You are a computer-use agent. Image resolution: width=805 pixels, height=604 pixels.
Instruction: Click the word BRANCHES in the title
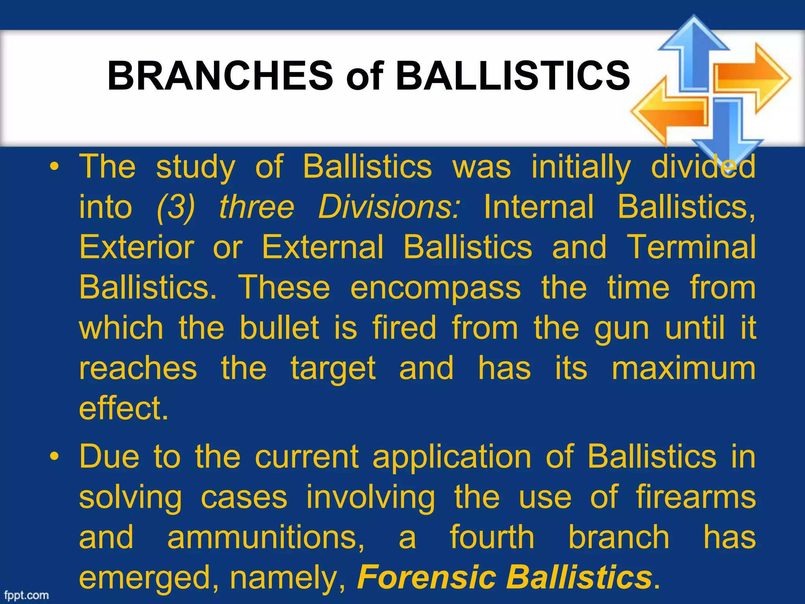coord(220,75)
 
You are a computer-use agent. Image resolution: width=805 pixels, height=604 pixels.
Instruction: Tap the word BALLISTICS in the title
coord(513,75)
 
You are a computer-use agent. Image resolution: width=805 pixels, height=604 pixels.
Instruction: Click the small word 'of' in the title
coord(364,76)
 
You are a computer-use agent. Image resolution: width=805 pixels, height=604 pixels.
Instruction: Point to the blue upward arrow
coord(694,51)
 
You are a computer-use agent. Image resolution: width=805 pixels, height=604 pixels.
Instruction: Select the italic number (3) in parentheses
coord(175,207)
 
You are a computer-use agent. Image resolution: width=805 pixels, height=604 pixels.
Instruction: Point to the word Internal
coord(539,207)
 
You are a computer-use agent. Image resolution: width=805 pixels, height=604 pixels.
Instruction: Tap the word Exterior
coord(136,247)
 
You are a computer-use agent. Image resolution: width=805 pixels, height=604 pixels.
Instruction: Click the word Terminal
coord(691,247)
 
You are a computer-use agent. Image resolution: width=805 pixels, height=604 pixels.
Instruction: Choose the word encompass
coord(435,288)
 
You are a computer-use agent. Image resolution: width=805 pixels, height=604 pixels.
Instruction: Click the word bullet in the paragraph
coord(279,328)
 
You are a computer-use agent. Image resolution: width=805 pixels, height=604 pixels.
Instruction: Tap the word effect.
coord(123,409)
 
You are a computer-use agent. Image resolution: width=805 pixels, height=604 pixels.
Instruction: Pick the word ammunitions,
coord(266,538)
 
